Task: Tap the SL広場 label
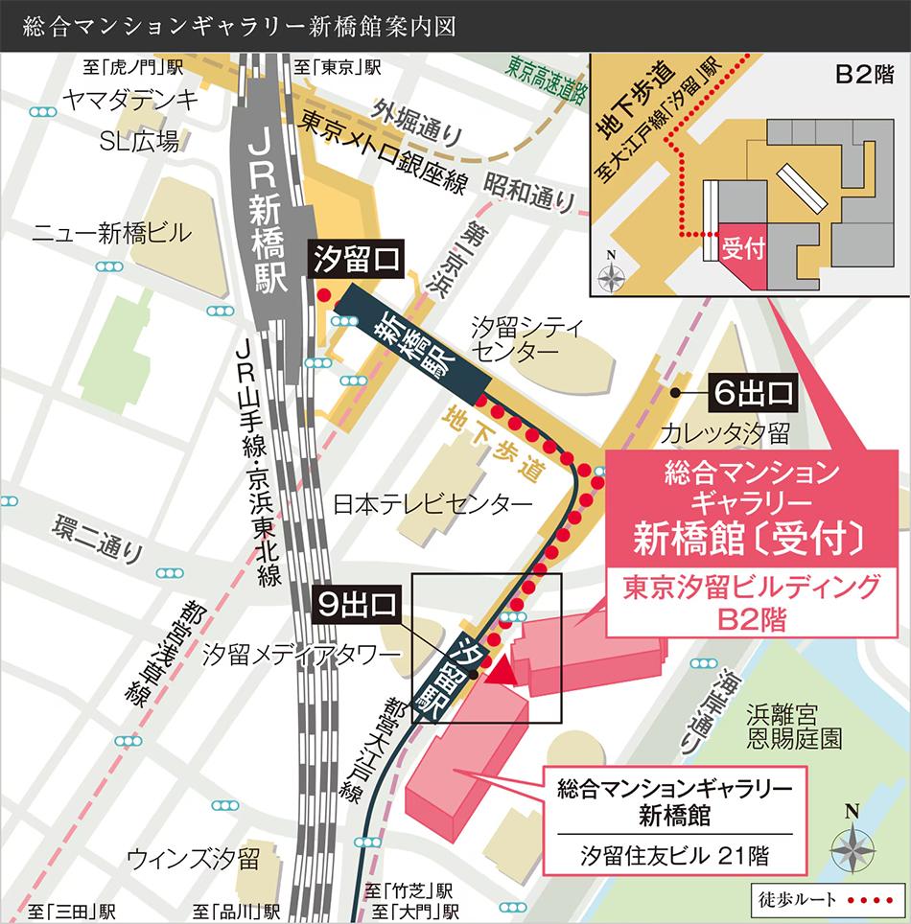[140, 142]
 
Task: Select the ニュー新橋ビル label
[111, 232]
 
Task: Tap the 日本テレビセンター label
[431, 503]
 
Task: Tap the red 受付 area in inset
[745, 251]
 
